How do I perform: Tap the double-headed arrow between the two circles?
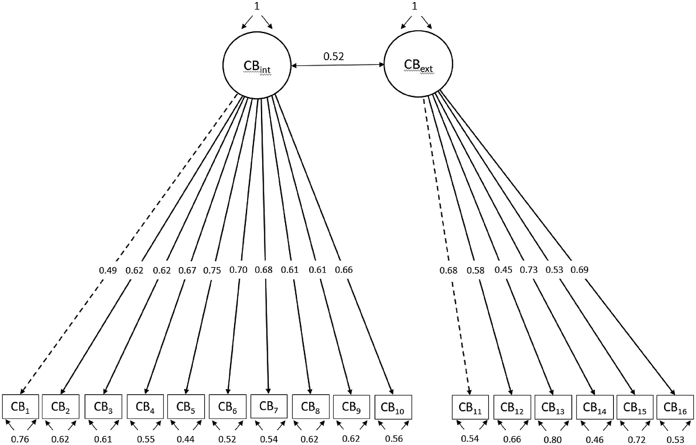(x=338, y=65)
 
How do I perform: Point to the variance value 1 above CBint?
(x=257, y=6)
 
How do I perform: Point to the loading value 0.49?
(x=108, y=270)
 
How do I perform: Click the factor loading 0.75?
(x=212, y=270)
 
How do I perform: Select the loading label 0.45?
(x=503, y=270)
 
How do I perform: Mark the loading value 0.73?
(x=529, y=270)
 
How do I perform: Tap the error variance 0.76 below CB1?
(x=20, y=439)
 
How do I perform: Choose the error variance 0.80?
(x=553, y=440)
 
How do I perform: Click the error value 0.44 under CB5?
(x=185, y=439)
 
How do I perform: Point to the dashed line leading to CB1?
(x=129, y=244)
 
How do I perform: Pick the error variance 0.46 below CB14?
(x=594, y=440)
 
